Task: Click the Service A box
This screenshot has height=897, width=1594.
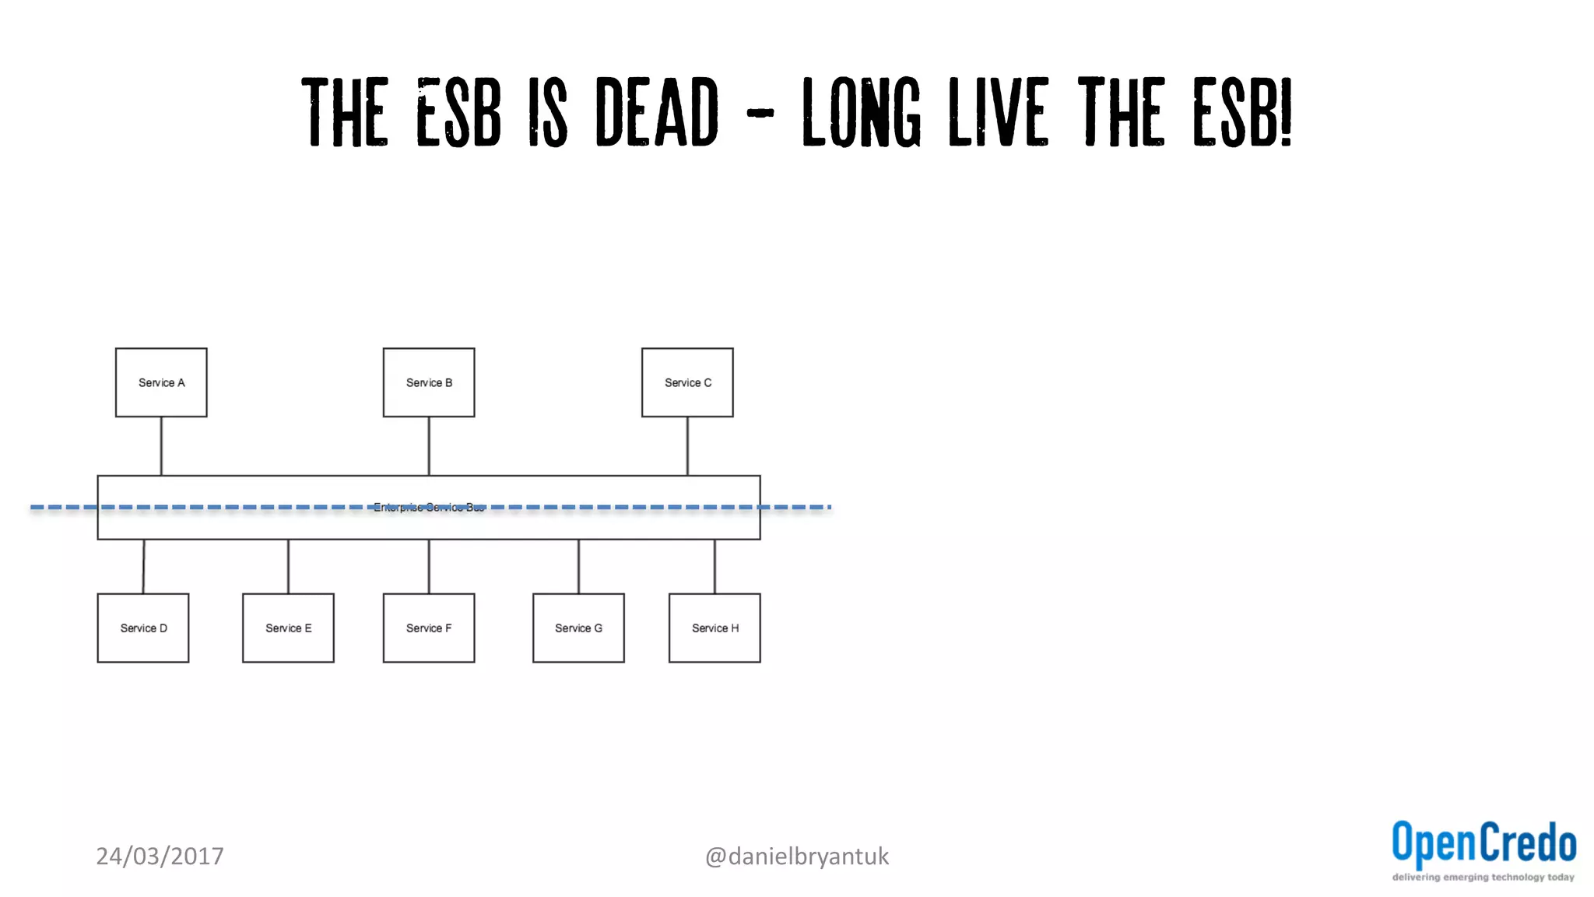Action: (161, 382)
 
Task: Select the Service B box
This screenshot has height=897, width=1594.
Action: (429, 382)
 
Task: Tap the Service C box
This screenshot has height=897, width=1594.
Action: (687, 382)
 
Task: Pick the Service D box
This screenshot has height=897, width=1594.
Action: (143, 628)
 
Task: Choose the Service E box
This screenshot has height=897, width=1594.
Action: (288, 628)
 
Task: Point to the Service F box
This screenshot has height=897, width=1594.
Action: (429, 628)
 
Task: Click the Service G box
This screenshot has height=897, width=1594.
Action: (578, 628)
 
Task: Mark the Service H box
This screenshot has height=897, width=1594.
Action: (714, 628)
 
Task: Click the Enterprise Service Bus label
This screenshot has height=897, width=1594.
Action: (429, 508)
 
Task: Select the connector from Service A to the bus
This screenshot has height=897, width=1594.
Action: (161, 446)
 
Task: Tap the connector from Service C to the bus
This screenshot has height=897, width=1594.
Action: (687, 446)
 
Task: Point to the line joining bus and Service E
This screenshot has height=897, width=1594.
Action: (288, 566)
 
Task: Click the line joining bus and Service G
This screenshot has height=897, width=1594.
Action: (578, 566)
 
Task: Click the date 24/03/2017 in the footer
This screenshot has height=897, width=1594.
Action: (160, 856)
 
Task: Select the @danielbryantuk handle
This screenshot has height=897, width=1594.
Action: (796, 856)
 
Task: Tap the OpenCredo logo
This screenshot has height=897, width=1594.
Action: (1483, 843)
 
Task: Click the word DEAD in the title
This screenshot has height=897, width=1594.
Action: (657, 113)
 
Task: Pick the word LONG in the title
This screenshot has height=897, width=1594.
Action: (862, 113)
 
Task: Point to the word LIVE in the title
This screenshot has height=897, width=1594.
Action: (999, 113)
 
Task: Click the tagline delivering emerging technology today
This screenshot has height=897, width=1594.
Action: (1483, 878)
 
